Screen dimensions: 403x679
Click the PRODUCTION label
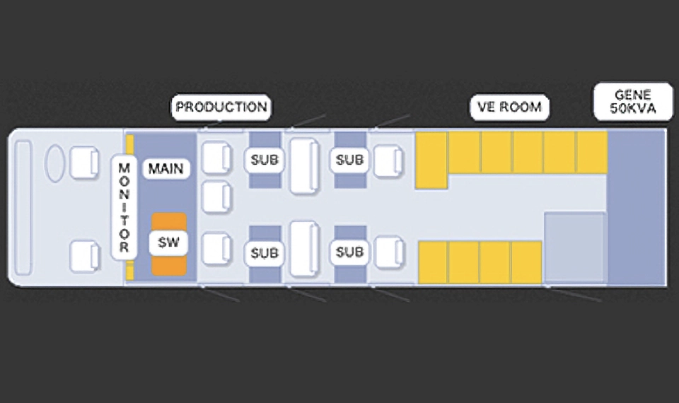(221, 107)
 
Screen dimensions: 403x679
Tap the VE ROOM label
(510, 107)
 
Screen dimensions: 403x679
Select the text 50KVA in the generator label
(632, 110)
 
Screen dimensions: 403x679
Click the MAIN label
(166, 168)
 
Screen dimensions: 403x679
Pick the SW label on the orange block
(168, 243)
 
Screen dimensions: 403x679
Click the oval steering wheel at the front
(55, 163)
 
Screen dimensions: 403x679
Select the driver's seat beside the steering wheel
(85, 163)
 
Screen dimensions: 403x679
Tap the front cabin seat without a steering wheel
(85, 255)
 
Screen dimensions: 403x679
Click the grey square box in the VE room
(575, 247)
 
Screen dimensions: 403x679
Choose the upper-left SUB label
(265, 160)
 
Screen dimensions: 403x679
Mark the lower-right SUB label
(349, 252)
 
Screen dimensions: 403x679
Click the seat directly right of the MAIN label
(216, 158)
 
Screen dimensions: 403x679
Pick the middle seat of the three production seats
(216, 197)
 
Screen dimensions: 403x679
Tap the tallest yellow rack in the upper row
(431, 160)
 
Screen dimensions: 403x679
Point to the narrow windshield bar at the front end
(23, 207)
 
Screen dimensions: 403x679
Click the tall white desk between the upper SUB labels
(306, 167)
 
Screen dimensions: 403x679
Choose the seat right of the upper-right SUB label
(388, 161)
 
